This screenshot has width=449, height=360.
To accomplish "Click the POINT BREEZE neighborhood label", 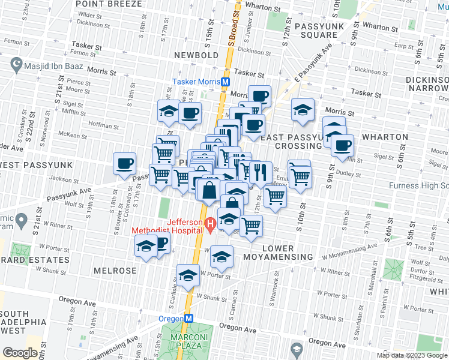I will pos(109,4).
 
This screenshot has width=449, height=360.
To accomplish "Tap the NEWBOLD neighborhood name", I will pos(196,55).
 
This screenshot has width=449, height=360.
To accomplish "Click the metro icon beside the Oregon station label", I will pos(188,319).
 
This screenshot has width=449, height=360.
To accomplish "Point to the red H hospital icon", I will pos(210,226).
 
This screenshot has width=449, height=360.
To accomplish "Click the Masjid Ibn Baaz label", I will pos(52,64).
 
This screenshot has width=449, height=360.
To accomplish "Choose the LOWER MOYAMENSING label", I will pos(278,253).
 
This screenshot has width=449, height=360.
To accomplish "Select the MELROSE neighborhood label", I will pos(115,271).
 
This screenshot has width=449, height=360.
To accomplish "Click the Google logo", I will pos(20,353).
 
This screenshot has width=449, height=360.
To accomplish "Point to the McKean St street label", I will pos(74,136).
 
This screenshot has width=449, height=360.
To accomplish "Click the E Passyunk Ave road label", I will pos(313,64).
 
